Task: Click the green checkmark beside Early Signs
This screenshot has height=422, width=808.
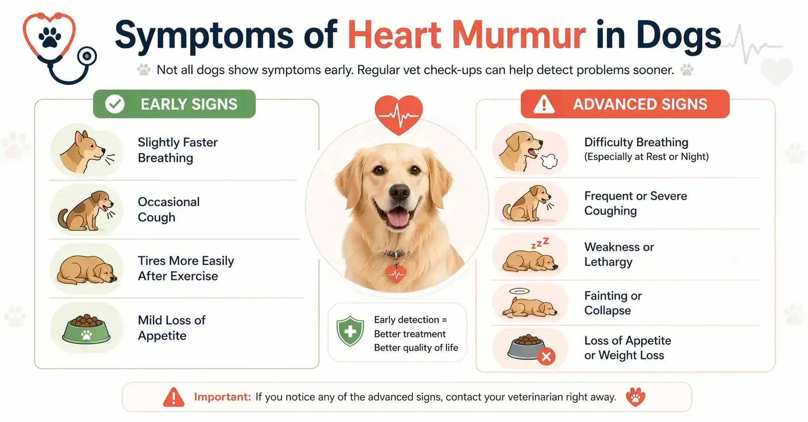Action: (115, 104)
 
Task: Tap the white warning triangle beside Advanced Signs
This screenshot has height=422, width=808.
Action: (543, 104)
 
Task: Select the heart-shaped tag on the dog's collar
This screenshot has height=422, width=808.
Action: (396, 274)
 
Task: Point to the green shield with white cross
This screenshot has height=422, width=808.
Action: (350, 331)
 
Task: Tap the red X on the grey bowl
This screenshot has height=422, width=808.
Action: (546, 357)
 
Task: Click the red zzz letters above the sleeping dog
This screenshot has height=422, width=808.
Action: (540, 243)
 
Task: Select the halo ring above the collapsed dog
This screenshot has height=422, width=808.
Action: (520, 291)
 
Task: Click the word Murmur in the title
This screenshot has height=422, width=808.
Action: (518, 35)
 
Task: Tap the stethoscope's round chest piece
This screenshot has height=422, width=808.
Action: (87, 57)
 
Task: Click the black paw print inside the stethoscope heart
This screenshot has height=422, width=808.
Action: (50, 37)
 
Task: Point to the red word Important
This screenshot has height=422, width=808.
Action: (222, 397)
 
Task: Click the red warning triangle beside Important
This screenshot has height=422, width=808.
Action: (173, 397)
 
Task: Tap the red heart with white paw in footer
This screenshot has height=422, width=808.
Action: (636, 397)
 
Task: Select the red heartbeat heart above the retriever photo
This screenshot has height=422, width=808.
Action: (398, 114)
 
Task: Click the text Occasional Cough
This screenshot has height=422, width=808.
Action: (168, 209)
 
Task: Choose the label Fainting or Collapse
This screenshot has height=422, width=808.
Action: (613, 303)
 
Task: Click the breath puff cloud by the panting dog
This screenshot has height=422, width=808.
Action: (549, 161)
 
